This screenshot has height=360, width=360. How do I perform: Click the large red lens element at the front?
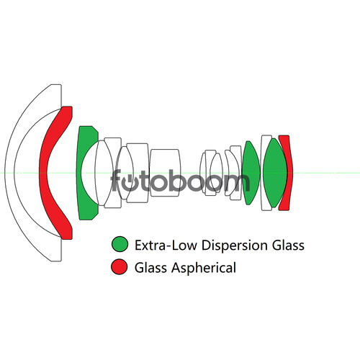pyautogui.click(x=43, y=173)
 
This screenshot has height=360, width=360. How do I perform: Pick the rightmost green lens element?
pyautogui.click(x=275, y=173)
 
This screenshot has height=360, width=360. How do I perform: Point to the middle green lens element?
pyautogui.click(x=251, y=173)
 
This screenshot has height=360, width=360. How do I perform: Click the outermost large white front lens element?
pyautogui.click(x=9, y=173)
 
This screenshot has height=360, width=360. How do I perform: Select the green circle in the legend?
pyautogui.click(x=120, y=244)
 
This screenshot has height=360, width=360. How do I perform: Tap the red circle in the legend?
pyautogui.click(x=120, y=266)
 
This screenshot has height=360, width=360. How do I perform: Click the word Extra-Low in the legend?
pyautogui.click(x=166, y=245)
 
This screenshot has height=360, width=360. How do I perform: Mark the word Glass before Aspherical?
pyautogui.click(x=151, y=267)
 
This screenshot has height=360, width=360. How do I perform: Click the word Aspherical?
pyautogui.click(x=204, y=268)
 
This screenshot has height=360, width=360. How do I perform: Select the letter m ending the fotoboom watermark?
pyautogui.click(x=236, y=183)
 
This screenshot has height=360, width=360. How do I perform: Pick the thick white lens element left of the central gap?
pyautogui.click(x=165, y=173)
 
